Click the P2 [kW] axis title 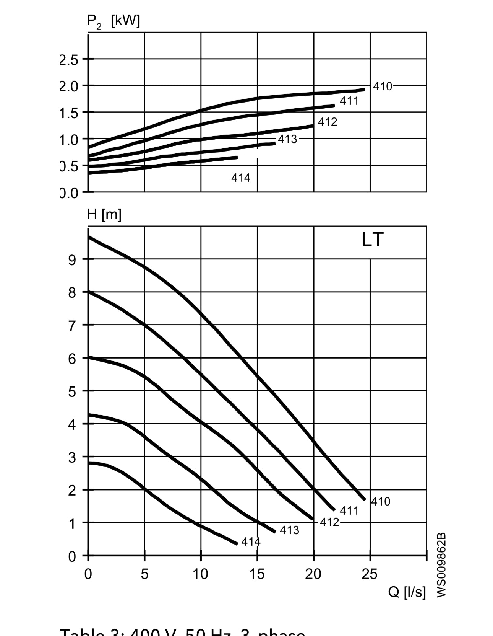click(114, 21)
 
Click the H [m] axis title click(104, 215)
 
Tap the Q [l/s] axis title click(407, 592)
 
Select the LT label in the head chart click(372, 240)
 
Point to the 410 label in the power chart click(383, 86)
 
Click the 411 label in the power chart click(349, 101)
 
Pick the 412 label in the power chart click(328, 122)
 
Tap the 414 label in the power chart click(241, 178)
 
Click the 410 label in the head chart click(381, 502)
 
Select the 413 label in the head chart click(289, 530)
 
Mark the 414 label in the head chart click(251, 542)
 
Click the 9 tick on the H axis click(72, 260)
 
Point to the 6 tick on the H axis click(72, 359)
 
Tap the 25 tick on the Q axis click(369, 574)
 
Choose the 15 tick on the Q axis click(257, 574)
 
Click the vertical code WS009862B click(441, 565)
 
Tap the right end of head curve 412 click(312, 519)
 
